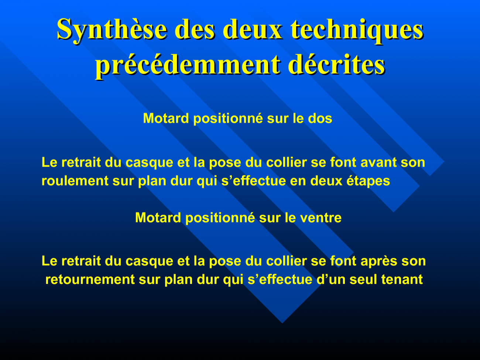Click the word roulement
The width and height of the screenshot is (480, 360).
coord(75,181)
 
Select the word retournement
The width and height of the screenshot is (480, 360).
coord(90,280)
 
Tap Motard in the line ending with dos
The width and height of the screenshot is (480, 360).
coord(166,119)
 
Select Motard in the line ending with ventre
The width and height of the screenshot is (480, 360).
coord(158,218)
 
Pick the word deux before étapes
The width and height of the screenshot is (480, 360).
coord(326,181)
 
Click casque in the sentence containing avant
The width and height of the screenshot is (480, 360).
coord(150,163)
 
